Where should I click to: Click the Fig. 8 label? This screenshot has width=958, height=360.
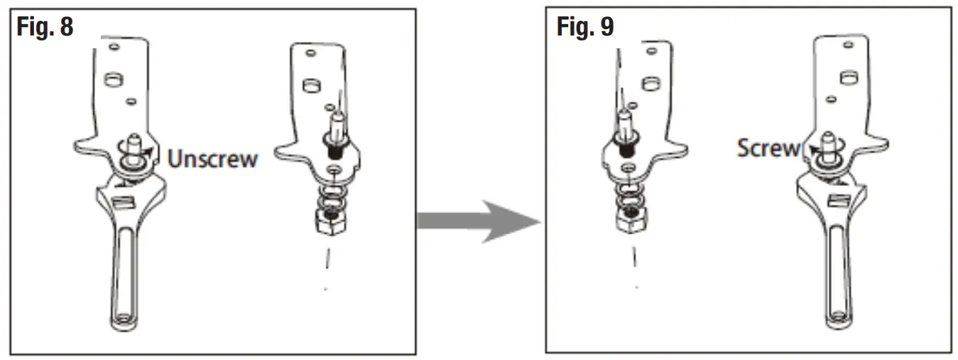click(x=44, y=27)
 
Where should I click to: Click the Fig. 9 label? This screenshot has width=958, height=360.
click(x=585, y=27)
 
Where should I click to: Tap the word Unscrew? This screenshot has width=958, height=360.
click(x=212, y=158)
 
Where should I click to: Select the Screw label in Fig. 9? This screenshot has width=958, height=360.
click(x=768, y=148)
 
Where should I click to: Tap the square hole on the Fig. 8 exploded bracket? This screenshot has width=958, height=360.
click(x=311, y=86)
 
